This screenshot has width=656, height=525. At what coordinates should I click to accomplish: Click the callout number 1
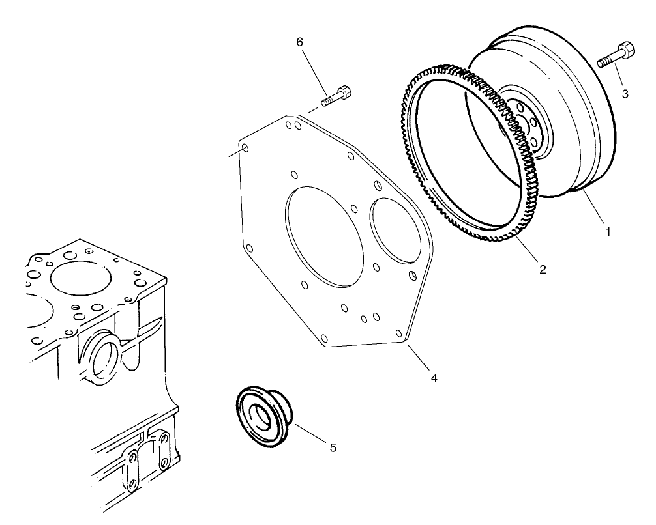[x=608, y=231]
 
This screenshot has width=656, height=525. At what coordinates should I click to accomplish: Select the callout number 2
[x=543, y=268]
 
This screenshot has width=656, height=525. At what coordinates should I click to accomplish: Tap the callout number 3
[x=625, y=94]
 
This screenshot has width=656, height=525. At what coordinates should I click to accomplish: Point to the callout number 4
[x=434, y=377]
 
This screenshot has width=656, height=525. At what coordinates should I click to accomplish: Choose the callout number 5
[x=333, y=447]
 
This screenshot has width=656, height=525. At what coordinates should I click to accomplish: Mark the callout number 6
[x=299, y=42]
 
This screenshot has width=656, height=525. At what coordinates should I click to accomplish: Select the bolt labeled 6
[x=336, y=96]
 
